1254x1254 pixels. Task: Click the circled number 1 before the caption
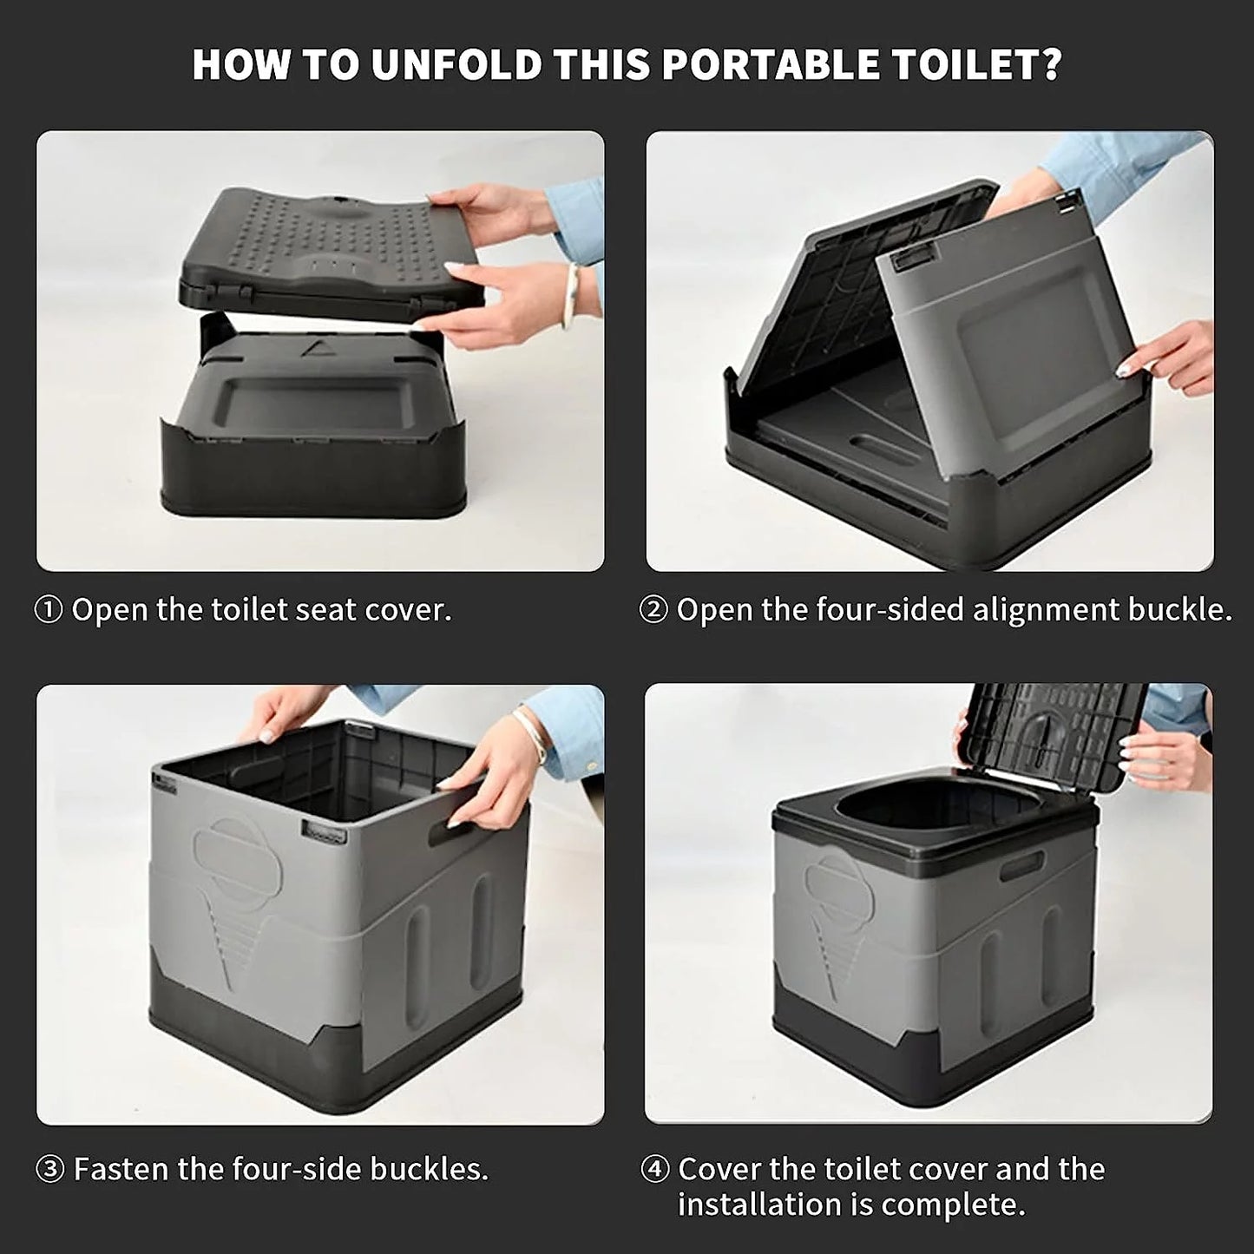[x=49, y=611]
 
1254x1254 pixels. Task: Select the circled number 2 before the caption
[x=653, y=611]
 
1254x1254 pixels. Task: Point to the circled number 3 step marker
[x=49, y=1170]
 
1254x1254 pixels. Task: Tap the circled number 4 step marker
[x=654, y=1170]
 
